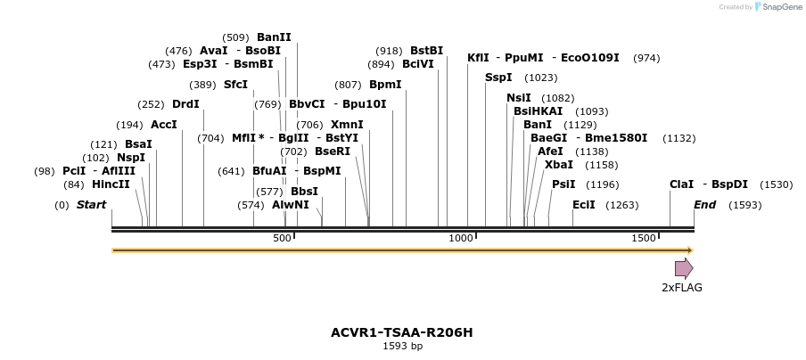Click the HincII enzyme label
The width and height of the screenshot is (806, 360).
(x=111, y=184)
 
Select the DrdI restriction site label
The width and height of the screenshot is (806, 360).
(x=185, y=104)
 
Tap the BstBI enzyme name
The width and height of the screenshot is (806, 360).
(x=426, y=51)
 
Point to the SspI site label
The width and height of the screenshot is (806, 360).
(x=498, y=78)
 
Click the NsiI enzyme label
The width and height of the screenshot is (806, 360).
(x=518, y=98)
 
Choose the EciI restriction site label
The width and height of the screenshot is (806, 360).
(x=584, y=205)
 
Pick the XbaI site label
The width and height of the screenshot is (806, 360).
(x=559, y=165)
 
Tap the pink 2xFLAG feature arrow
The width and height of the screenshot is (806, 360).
(x=684, y=268)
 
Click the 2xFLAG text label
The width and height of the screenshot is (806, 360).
(x=681, y=287)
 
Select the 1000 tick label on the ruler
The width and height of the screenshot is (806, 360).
(x=461, y=238)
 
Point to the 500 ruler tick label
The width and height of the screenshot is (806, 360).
(x=282, y=238)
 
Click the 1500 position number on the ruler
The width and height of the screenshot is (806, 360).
(x=644, y=238)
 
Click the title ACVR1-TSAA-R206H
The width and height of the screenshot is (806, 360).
(x=402, y=332)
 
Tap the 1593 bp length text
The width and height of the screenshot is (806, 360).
(x=402, y=346)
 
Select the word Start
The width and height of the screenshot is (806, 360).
(x=91, y=205)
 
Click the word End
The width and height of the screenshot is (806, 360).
(x=704, y=205)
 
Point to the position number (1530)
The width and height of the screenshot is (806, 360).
(x=776, y=184)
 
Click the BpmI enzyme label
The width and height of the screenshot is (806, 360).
(x=385, y=85)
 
